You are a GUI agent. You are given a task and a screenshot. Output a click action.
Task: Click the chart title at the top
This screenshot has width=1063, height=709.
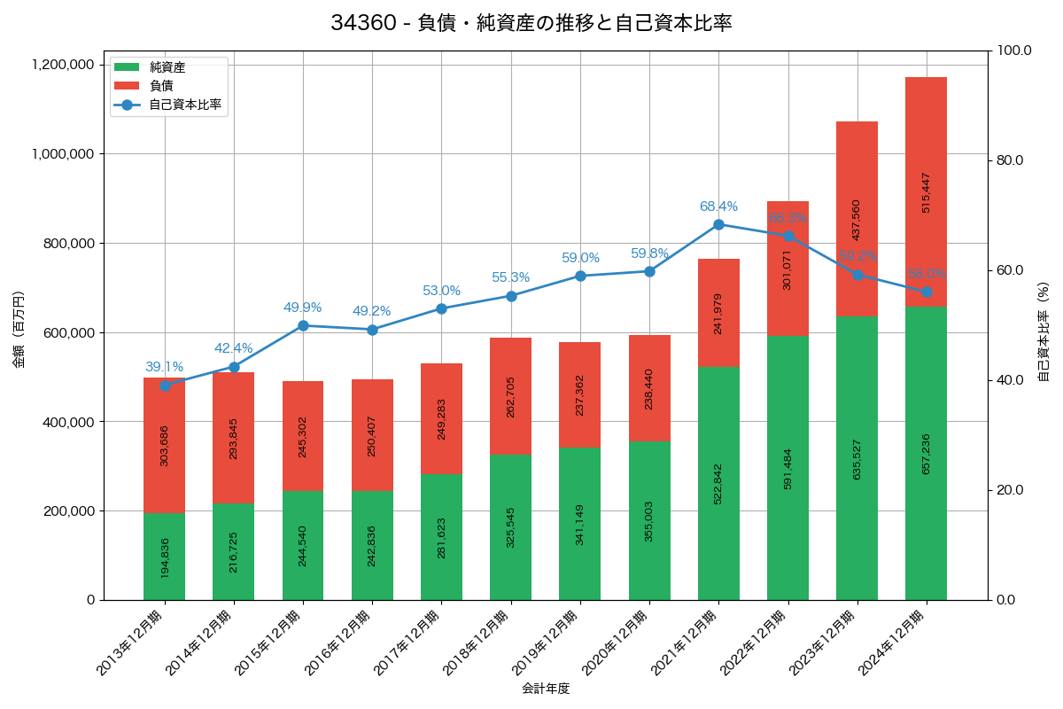(x=531, y=24)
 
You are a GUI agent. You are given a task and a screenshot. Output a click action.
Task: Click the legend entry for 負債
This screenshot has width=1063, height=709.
(x=160, y=85)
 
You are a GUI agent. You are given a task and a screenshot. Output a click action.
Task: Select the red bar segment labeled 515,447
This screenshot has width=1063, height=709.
(x=926, y=191)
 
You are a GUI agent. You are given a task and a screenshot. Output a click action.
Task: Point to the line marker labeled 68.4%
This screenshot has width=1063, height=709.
(x=718, y=224)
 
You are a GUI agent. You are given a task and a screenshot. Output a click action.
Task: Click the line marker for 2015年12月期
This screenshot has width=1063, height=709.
(x=303, y=325)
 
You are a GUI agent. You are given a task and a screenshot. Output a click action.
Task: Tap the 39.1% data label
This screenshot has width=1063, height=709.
(x=165, y=367)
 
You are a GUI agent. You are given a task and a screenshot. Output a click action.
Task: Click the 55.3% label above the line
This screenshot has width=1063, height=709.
(x=511, y=277)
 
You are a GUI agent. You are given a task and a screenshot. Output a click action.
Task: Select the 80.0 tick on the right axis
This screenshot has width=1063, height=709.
(x=1009, y=160)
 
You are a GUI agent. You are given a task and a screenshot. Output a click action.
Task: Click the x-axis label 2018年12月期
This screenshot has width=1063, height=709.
(x=477, y=643)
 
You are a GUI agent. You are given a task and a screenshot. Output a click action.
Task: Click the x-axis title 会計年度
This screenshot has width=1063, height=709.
(x=546, y=688)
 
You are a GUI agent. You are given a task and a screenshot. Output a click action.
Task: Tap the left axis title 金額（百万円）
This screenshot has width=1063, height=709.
(x=19, y=330)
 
